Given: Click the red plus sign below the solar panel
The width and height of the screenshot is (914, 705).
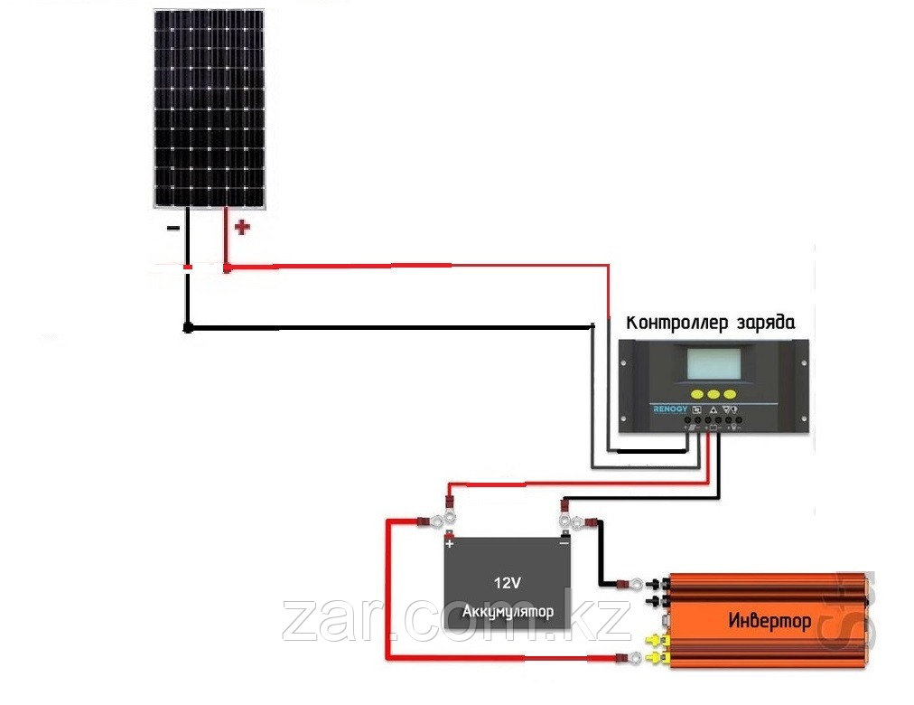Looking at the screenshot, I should (241, 228).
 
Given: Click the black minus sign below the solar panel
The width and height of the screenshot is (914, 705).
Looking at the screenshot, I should (173, 229).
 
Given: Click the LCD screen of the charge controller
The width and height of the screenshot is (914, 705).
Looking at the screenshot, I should (713, 364).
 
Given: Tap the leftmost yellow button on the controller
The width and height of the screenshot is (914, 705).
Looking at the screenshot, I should (696, 395).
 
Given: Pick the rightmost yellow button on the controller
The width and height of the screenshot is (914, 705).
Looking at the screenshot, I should (732, 395).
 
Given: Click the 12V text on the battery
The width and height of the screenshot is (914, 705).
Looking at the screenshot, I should (508, 582).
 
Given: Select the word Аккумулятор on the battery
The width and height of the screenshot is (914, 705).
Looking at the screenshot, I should (508, 613).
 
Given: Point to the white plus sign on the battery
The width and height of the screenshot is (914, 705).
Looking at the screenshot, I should (449, 544).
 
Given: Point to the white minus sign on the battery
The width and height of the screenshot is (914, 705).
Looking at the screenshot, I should (564, 544).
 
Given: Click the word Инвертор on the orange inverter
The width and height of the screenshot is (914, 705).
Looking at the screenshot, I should (769, 621).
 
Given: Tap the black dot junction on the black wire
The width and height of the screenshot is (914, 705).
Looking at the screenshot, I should (187, 328).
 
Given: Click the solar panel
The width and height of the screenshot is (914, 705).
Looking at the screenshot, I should (209, 108).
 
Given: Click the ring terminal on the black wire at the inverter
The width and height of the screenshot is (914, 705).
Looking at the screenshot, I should (636, 584).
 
